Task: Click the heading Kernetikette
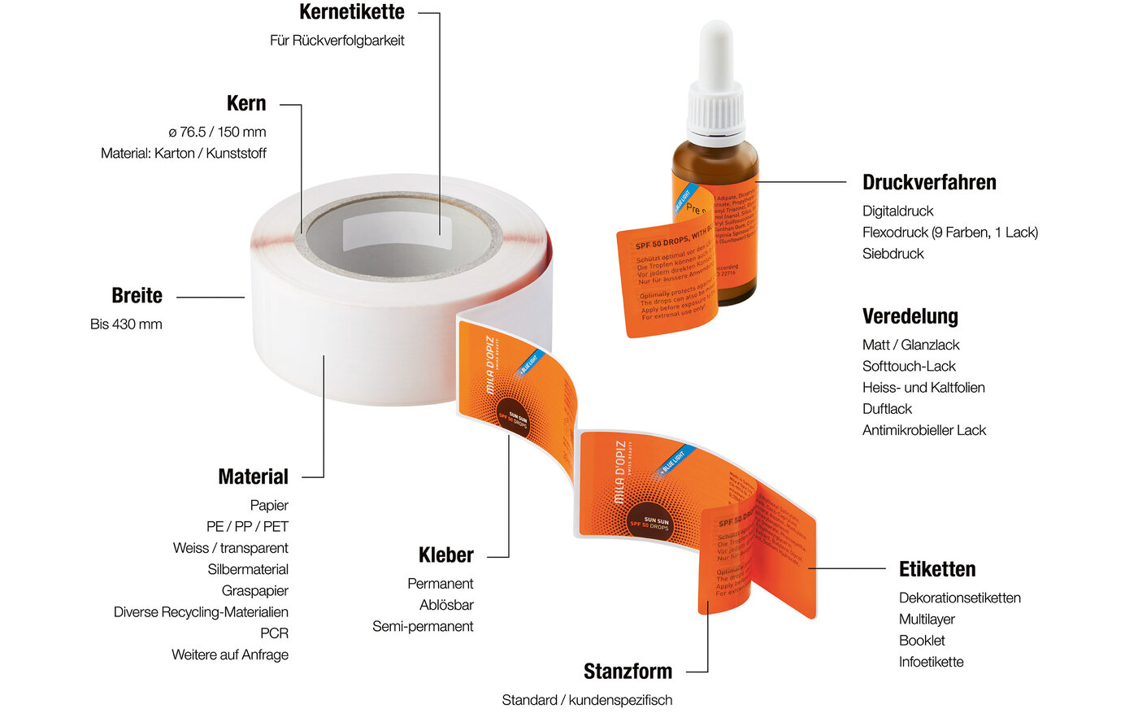coord(351,12)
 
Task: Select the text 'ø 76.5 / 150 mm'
coord(217,132)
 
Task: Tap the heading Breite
coord(137,296)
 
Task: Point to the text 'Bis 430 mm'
coord(126,324)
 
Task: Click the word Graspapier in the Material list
coord(254,590)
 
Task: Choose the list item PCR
coord(274,633)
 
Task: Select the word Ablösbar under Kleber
coord(446,605)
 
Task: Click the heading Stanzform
coord(628,672)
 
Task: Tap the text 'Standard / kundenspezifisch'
coord(587,700)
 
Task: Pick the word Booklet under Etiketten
coord(922,640)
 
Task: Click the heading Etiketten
coord(936,569)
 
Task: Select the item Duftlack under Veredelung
coord(887,408)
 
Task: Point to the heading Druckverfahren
coord(929,182)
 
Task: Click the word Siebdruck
coord(893,253)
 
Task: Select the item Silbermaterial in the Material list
coord(248,569)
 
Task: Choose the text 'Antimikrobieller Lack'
coord(923,430)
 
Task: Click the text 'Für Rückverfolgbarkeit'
coord(337,40)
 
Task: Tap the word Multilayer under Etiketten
coord(927,619)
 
